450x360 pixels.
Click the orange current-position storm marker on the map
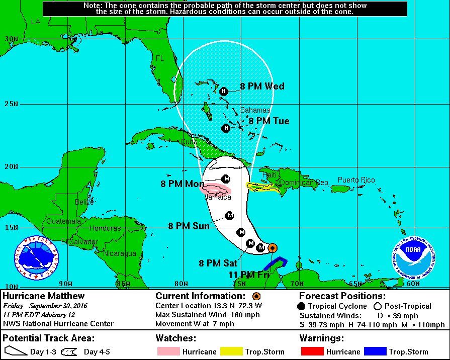coord(272,247)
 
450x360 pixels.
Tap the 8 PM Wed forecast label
coord(262,86)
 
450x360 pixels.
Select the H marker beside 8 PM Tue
coord(226,128)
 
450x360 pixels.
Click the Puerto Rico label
coord(356,180)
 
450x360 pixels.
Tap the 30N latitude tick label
coord(11,39)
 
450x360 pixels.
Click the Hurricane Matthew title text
coord(44,296)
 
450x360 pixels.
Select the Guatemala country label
coord(64,221)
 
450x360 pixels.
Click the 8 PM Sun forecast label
coord(189,226)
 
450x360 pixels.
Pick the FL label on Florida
coord(160,58)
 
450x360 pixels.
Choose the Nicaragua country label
coord(120,254)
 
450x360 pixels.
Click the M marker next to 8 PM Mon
coord(226,179)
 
